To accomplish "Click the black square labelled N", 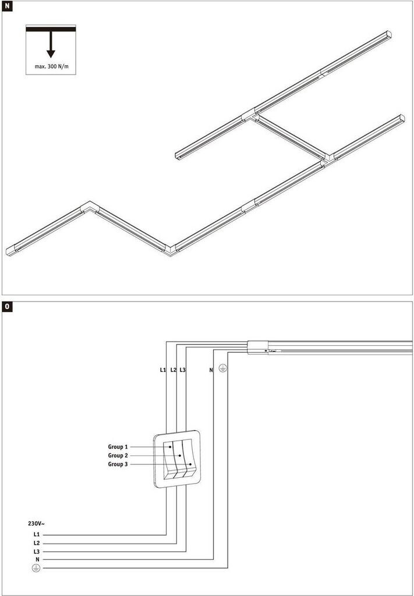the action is pyautogui.click(x=8, y=8).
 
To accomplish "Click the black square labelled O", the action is pyautogui.click(x=8, y=307).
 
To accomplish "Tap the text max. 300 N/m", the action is pyautogui.click(x=51, y=67).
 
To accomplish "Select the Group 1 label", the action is pyautogui.click(x=118, y=446).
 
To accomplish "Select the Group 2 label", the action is pyautogui.click(x=118, y=455).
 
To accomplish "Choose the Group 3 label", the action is pyautogui.click(x=118, y=464).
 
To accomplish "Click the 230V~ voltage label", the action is pyautogui.click(x=37, y=523).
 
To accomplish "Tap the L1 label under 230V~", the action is pyautogui.click(x=37, y=534).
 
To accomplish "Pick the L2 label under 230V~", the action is pyautogui.click(x=37, y=542).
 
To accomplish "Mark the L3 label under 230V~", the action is pyautogui.click(x=37, y=551).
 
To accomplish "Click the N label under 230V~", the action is pyautogui.click(x=37, y=559).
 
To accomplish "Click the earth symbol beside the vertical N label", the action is pyautogui.click(x=222, y=369).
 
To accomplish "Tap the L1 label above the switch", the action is pyautogui.click(x=162, y=370).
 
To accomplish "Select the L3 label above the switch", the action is pyautogui.click(x=182, y=370).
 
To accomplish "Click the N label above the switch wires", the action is pyautogui.click(x=211, y=370).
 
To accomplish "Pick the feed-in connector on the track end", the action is pyautogui.click(x=257, y=347).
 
